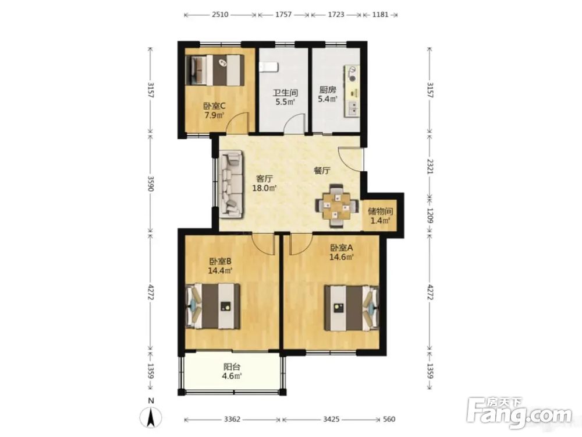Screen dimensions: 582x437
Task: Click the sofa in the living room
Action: [231, 184]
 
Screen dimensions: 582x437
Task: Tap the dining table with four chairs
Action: [337, 206]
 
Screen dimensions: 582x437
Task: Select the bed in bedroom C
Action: [215, 70]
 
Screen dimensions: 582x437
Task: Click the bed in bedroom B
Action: [212, 306]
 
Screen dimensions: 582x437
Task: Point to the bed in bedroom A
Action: [352, 308]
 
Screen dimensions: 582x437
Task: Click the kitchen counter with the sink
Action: [352, 91]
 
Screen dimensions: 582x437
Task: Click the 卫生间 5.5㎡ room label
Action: [285, 97]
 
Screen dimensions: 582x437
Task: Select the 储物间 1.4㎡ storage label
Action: [381, 216]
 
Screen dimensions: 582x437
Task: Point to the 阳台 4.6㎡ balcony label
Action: [232, 371]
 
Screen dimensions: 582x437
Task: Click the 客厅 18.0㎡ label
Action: [265, 183]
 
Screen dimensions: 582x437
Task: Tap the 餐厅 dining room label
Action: [322, 171]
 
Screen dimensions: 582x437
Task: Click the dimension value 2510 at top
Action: [220, 15]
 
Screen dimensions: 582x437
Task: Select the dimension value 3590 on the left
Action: [150, 184]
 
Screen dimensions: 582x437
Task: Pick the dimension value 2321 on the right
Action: [430, 167]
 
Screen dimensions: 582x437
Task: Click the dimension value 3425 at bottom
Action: [331, 419]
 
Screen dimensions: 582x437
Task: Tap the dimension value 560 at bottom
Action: [389, 419]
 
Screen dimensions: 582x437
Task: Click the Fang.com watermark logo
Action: [519, 413]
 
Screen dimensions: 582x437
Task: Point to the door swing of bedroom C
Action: [237, 122]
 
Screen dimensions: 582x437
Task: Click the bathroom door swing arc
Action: [294, 124]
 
